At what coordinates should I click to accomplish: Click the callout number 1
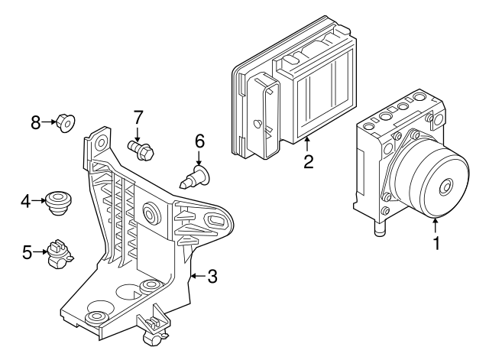[436, 245]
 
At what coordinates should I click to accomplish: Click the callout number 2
[307, 161]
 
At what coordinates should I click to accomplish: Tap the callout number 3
[212, 277]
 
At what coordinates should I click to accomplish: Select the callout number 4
[25, 201]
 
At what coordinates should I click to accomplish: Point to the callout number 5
[27, 251]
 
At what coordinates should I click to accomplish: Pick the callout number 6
[199, 141]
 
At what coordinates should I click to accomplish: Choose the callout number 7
[138, 118]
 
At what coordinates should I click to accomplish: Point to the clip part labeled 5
[57, 255]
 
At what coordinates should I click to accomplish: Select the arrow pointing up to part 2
[307, 144]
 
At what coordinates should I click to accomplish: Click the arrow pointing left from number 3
[197, 276]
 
